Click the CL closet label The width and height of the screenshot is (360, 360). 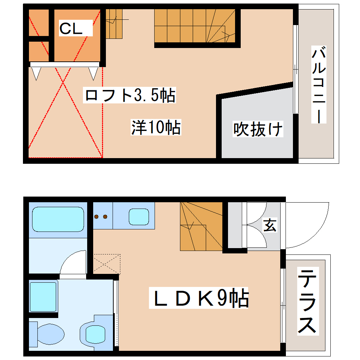point(71,29)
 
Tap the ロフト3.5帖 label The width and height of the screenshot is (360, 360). point(130,95)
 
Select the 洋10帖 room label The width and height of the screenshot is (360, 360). point(156,127)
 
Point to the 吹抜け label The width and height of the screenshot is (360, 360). point(258,130)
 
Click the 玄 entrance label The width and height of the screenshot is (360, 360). point(270,225)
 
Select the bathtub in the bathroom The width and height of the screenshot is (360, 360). point(58,219)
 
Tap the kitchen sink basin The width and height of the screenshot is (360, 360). point(140,216)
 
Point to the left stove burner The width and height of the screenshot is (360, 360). point(96,217)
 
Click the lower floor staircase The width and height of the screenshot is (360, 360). point(201,226)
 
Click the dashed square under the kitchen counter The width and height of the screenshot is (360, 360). point(107,263)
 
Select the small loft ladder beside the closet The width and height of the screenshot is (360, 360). point(114,24)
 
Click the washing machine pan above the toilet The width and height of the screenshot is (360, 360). point(43,296)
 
